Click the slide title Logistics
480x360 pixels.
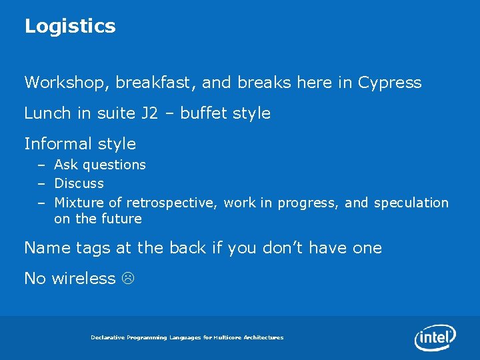click(70, 27)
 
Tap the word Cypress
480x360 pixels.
click(389, 83)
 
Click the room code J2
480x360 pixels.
click(151, 113)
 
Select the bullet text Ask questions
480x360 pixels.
click(100, 165)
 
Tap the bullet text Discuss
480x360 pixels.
click(79, 183)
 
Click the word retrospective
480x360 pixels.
click(172, 203)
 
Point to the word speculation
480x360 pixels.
click(411, 203)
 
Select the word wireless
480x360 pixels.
click(83, 279)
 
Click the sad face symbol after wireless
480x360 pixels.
click(125, 279)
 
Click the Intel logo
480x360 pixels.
click(435, 337)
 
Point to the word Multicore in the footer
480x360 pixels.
click(227, 338)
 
